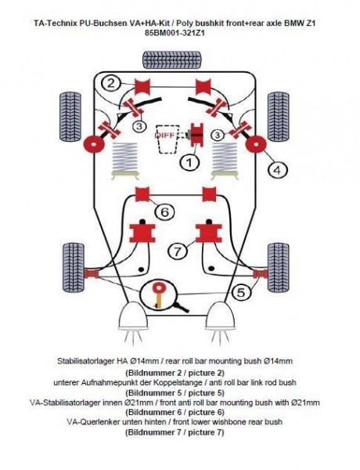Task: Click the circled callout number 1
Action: [187, 163]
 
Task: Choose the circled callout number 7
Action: [178, 251]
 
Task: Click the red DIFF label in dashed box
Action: [165, 133]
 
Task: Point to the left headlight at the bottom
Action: [130, 320]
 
